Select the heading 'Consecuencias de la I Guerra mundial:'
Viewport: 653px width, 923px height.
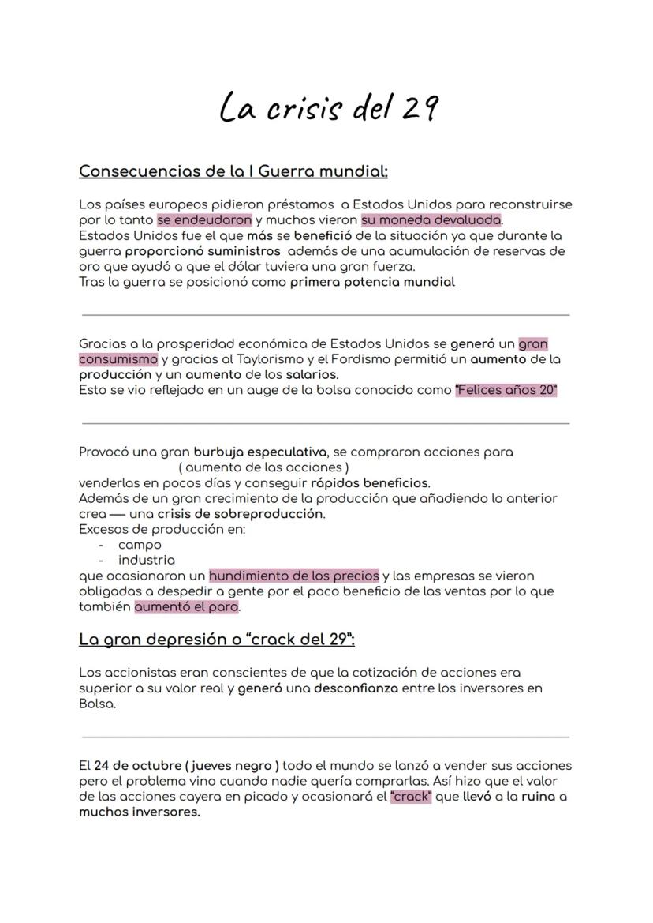tap(233, 171)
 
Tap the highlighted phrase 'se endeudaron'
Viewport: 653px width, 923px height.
tap(204, 220)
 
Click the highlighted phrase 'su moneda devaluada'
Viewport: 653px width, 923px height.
tap(431, 220)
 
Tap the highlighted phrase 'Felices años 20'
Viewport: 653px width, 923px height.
tap(506, 390)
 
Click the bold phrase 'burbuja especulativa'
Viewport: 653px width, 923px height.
tap(260, 452)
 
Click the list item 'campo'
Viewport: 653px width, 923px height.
tap(140, 545)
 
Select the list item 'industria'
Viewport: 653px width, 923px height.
tap(147, 560)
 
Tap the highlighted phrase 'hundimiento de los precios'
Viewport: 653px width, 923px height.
tap(293, 576)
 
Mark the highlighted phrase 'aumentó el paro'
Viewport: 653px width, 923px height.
tap(186, 607)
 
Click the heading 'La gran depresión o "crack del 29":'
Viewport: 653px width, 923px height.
tap(217, 640)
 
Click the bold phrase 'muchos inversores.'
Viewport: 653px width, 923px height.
tap(140, 812)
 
